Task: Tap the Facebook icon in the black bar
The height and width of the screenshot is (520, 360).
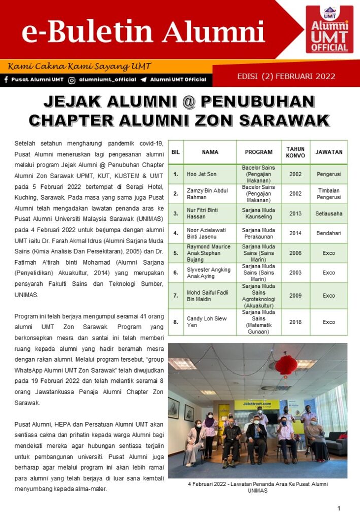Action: (x=6, y=80)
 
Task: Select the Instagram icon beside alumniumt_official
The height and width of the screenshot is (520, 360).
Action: (x=72, y=80)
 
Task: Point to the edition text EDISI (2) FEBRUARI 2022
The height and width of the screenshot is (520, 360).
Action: (x=286, y=77)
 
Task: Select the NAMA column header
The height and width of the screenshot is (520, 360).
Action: (x=210, y=152)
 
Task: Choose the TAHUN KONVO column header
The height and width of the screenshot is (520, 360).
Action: (x=296, y=152)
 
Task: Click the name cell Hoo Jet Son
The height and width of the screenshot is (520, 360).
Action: (x=201, y=174)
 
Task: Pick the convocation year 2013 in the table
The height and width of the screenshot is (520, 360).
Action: (x=296, y=214)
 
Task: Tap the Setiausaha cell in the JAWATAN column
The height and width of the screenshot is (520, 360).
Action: (x=329, y=214)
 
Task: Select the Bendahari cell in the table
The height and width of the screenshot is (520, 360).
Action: (x=329, y=233)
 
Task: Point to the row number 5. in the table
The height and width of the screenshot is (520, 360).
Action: (x=176, y=253)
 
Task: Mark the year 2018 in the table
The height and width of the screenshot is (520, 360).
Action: (x=296, y=322)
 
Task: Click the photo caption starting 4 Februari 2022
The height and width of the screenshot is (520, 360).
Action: (x=257, y=487)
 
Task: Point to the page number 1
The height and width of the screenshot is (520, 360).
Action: (x=339, y=508)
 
